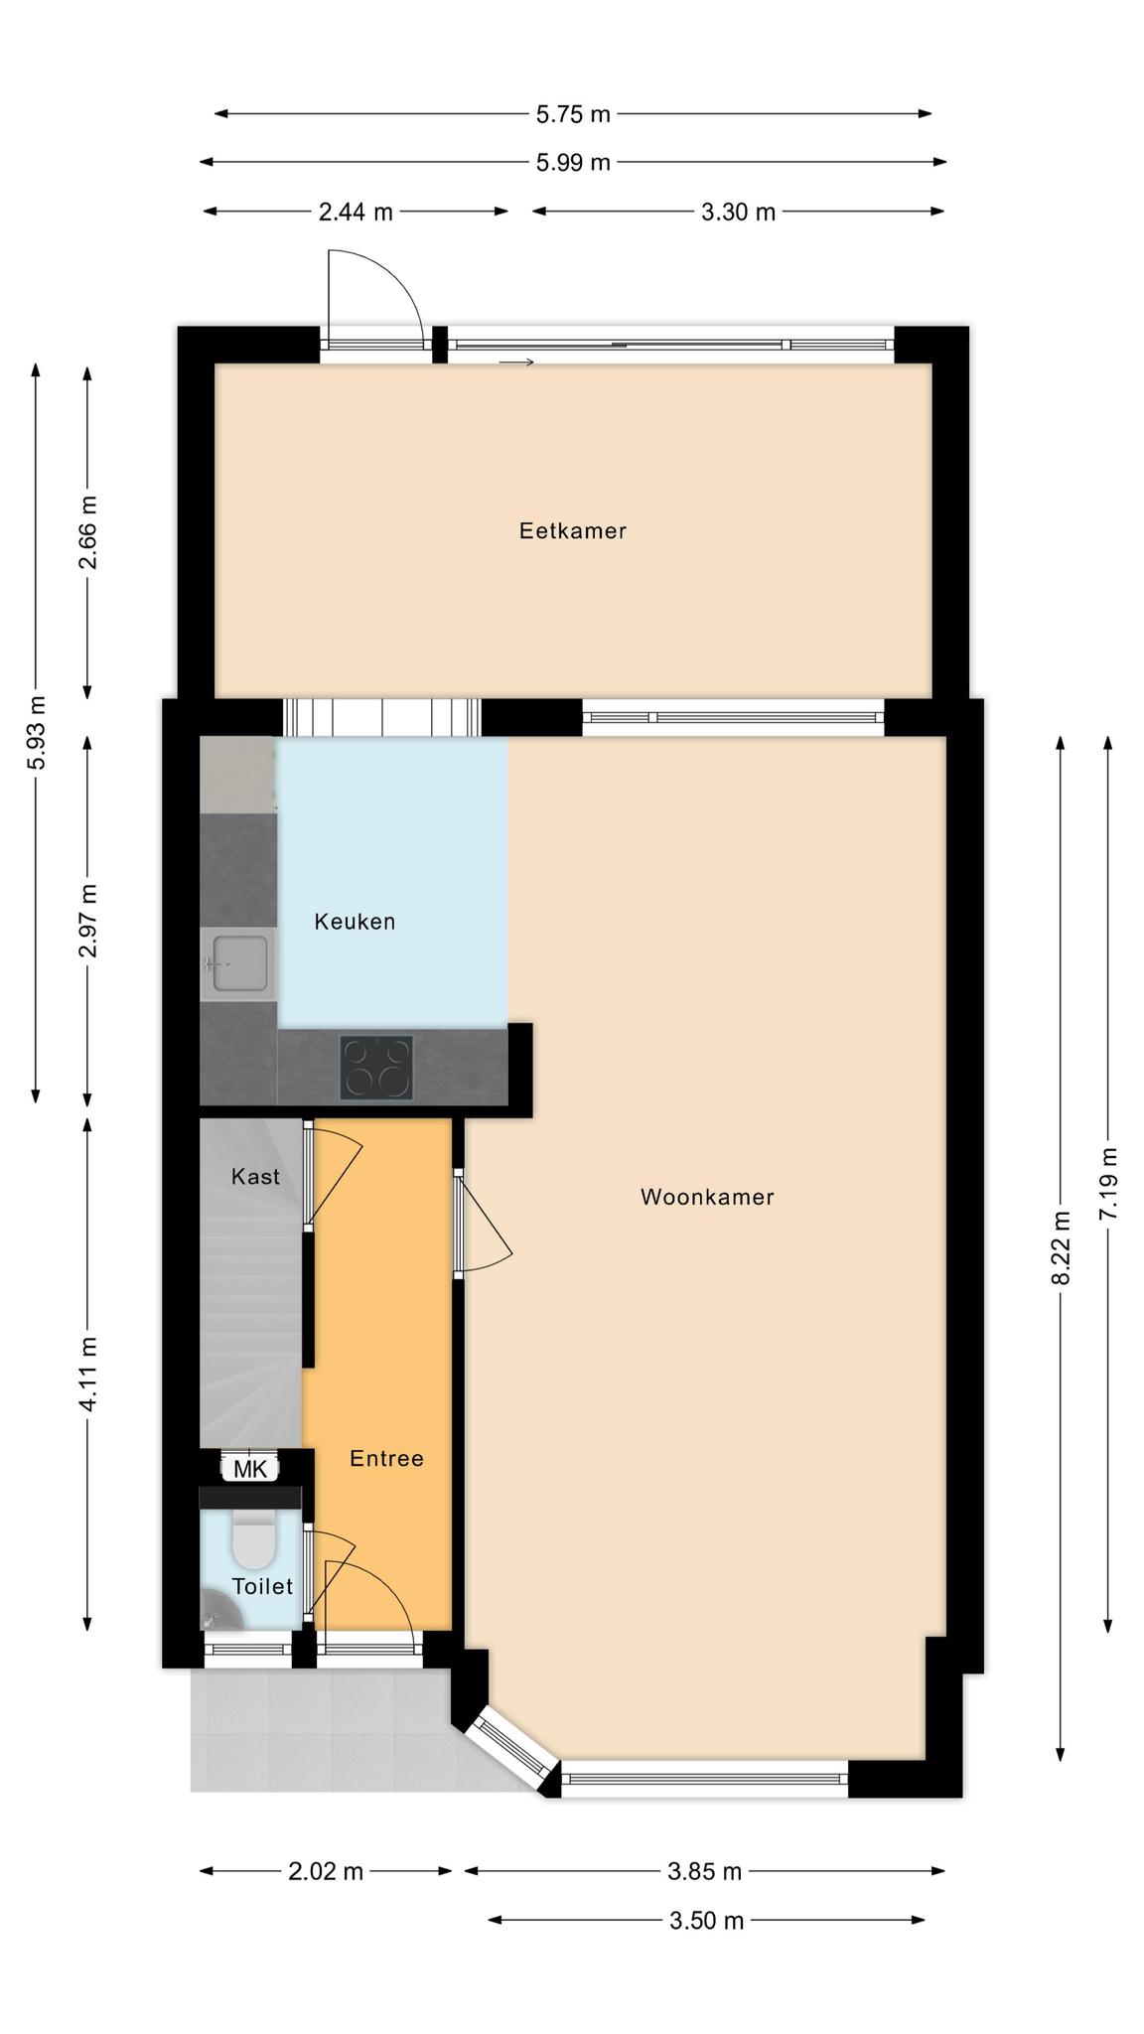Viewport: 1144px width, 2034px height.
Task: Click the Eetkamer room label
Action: point(572,530)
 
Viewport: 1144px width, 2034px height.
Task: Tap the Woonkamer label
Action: point(707,1197)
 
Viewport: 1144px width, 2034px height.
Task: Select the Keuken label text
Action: point(355,922)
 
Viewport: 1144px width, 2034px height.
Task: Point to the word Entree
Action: point(386,1458)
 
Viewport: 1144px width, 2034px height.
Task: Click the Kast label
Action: point(255,1177)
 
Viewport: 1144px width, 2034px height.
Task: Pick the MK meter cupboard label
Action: point(250,1469)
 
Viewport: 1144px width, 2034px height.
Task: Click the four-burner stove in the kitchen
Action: point(376,1068)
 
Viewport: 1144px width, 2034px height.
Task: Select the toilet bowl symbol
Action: point(253,1539)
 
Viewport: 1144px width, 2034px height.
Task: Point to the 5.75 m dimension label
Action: point(573,114)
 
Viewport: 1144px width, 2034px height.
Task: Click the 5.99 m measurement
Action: point(573,162)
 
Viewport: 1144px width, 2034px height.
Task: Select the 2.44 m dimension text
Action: point(356,212)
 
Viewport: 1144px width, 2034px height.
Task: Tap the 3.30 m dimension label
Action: point(738,212)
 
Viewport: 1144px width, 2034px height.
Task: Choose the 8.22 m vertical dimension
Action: point(1062,1248)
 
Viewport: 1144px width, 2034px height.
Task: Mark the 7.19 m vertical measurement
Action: point(1109,1184)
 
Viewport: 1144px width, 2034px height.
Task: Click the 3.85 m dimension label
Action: point(705,1872)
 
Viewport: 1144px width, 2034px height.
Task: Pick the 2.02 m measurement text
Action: point(326,1872)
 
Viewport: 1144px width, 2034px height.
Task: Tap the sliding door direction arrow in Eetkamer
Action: point(516,363)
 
